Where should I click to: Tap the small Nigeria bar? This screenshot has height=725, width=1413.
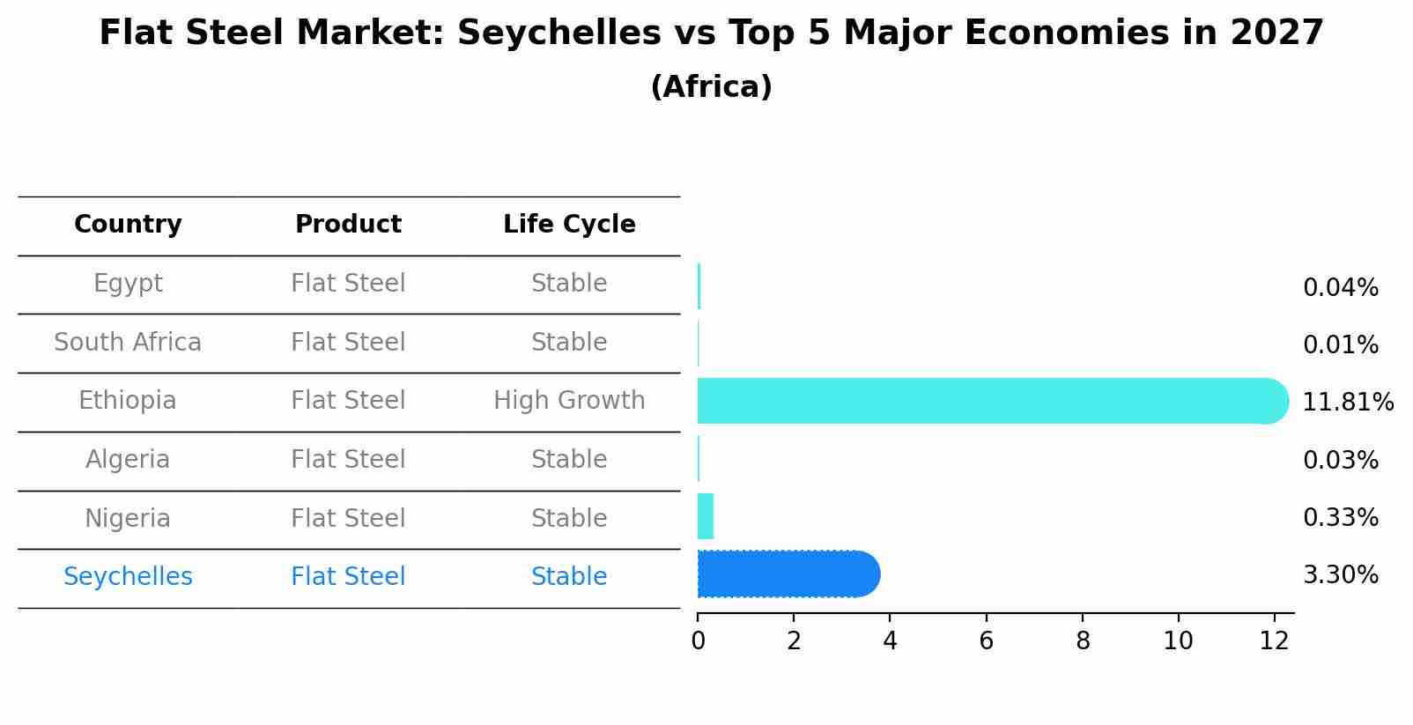coord(705,516)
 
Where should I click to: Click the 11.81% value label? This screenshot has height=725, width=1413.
coord(1347,403)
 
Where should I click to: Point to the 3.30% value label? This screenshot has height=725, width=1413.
coord(1340,575)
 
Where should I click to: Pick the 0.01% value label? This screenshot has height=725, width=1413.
coord(1340,345)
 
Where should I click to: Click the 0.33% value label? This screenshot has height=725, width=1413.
coord(1340,518)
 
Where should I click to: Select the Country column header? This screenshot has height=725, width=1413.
coord(128,225)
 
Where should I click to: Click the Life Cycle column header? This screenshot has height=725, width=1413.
coord(569,225)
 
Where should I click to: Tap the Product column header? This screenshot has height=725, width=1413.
coord(348,225)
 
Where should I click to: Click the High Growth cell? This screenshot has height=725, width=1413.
coord(569,401)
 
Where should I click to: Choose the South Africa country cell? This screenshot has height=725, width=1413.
coord(128,342)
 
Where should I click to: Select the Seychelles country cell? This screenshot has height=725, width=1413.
coord(128,577)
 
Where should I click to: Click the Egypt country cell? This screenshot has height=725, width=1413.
coord(128,284)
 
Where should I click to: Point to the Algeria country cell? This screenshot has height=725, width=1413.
coord(128,460)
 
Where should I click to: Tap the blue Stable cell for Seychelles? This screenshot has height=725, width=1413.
coord(569,577)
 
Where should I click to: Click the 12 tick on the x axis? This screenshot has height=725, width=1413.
coord(1274,641)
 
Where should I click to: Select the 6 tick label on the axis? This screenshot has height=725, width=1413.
coord(986,641)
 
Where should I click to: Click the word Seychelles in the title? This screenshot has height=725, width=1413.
coord(559,33)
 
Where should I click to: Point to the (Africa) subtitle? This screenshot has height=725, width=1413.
coord(711,87)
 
